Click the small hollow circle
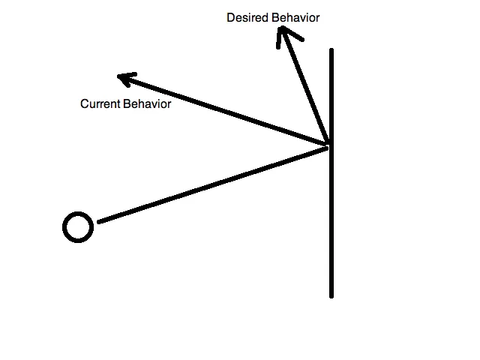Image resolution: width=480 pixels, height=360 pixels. click(x=77, y=226)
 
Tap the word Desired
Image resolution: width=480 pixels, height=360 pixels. click(x=247, y=17)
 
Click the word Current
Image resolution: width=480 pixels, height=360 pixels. click(x=100, y=104)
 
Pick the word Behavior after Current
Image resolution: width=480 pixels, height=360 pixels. click(x=146, y=104)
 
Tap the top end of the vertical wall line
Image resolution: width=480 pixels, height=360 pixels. click(x=331, y=51)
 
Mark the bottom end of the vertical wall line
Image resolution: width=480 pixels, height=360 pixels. click(x=331, y=295)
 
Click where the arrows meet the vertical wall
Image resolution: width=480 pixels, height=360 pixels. click(x=329, y=145)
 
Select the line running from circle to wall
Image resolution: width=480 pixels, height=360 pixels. click(x=214, y=184)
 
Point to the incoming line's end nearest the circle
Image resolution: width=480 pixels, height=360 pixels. click(x=100, y=221)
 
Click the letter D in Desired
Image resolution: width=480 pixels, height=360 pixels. click(x=231, y=17)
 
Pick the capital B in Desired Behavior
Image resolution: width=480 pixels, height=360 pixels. click(x=274, y=17)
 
